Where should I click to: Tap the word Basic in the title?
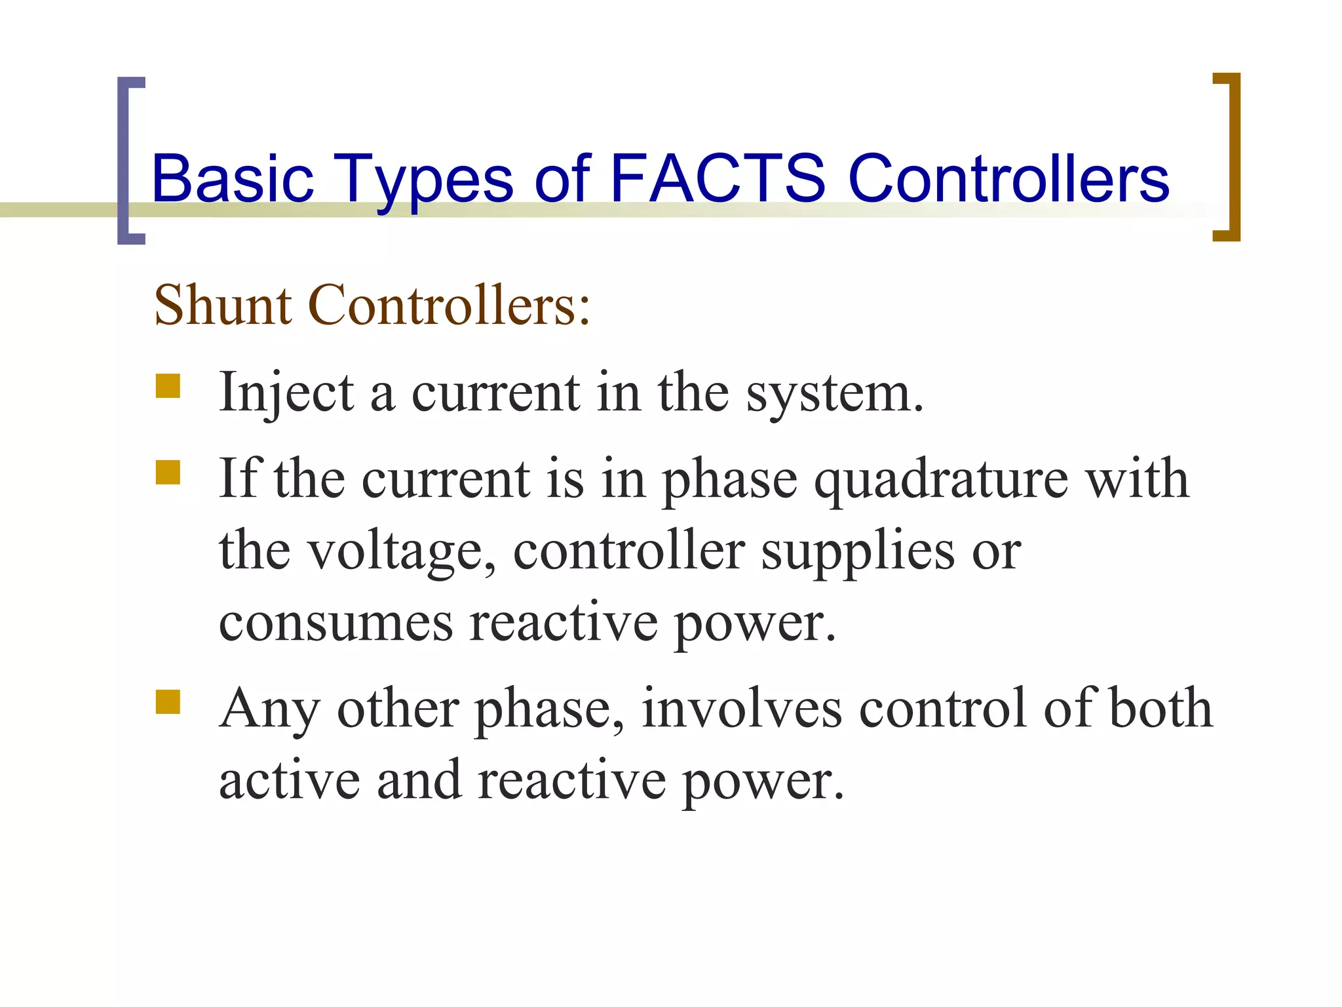(x=233, y=178)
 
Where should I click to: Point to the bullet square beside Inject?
(x=168, y=386)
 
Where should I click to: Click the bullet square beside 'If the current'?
(x=168, y=472)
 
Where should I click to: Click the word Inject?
(x=286, y=393)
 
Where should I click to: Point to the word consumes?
(x=335, y=623)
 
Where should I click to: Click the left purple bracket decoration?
(x=130, y=161)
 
